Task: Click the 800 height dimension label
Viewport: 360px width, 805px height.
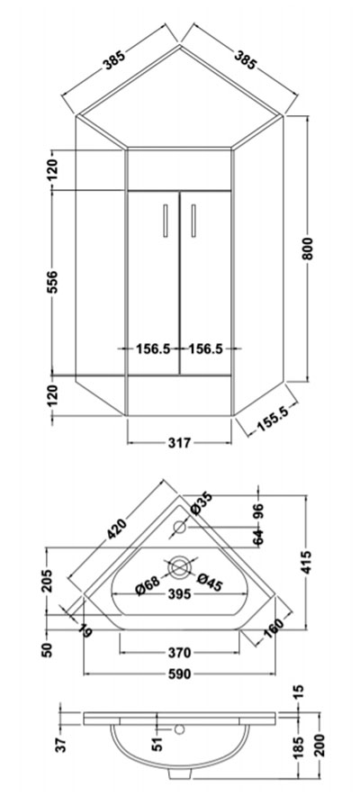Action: point(308,248)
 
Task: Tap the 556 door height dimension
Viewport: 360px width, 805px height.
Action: point(52,281)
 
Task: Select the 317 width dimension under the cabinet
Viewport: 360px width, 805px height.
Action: point(179,442)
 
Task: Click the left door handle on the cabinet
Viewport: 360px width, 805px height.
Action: point(165,221)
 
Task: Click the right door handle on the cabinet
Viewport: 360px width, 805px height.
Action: point(193,221)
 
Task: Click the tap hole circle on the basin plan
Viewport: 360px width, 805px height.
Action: point(179,527)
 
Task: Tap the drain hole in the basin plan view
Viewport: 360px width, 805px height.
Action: point(179,567)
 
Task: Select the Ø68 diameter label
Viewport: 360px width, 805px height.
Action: point(148,585)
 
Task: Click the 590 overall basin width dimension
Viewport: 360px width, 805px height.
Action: point(179,673)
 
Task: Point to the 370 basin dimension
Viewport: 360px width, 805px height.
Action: point(179,652)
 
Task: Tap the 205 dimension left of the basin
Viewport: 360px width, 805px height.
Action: point(47,581)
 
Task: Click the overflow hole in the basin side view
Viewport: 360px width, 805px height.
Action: point(179,728)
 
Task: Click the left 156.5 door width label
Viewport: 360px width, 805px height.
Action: point(152,348)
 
